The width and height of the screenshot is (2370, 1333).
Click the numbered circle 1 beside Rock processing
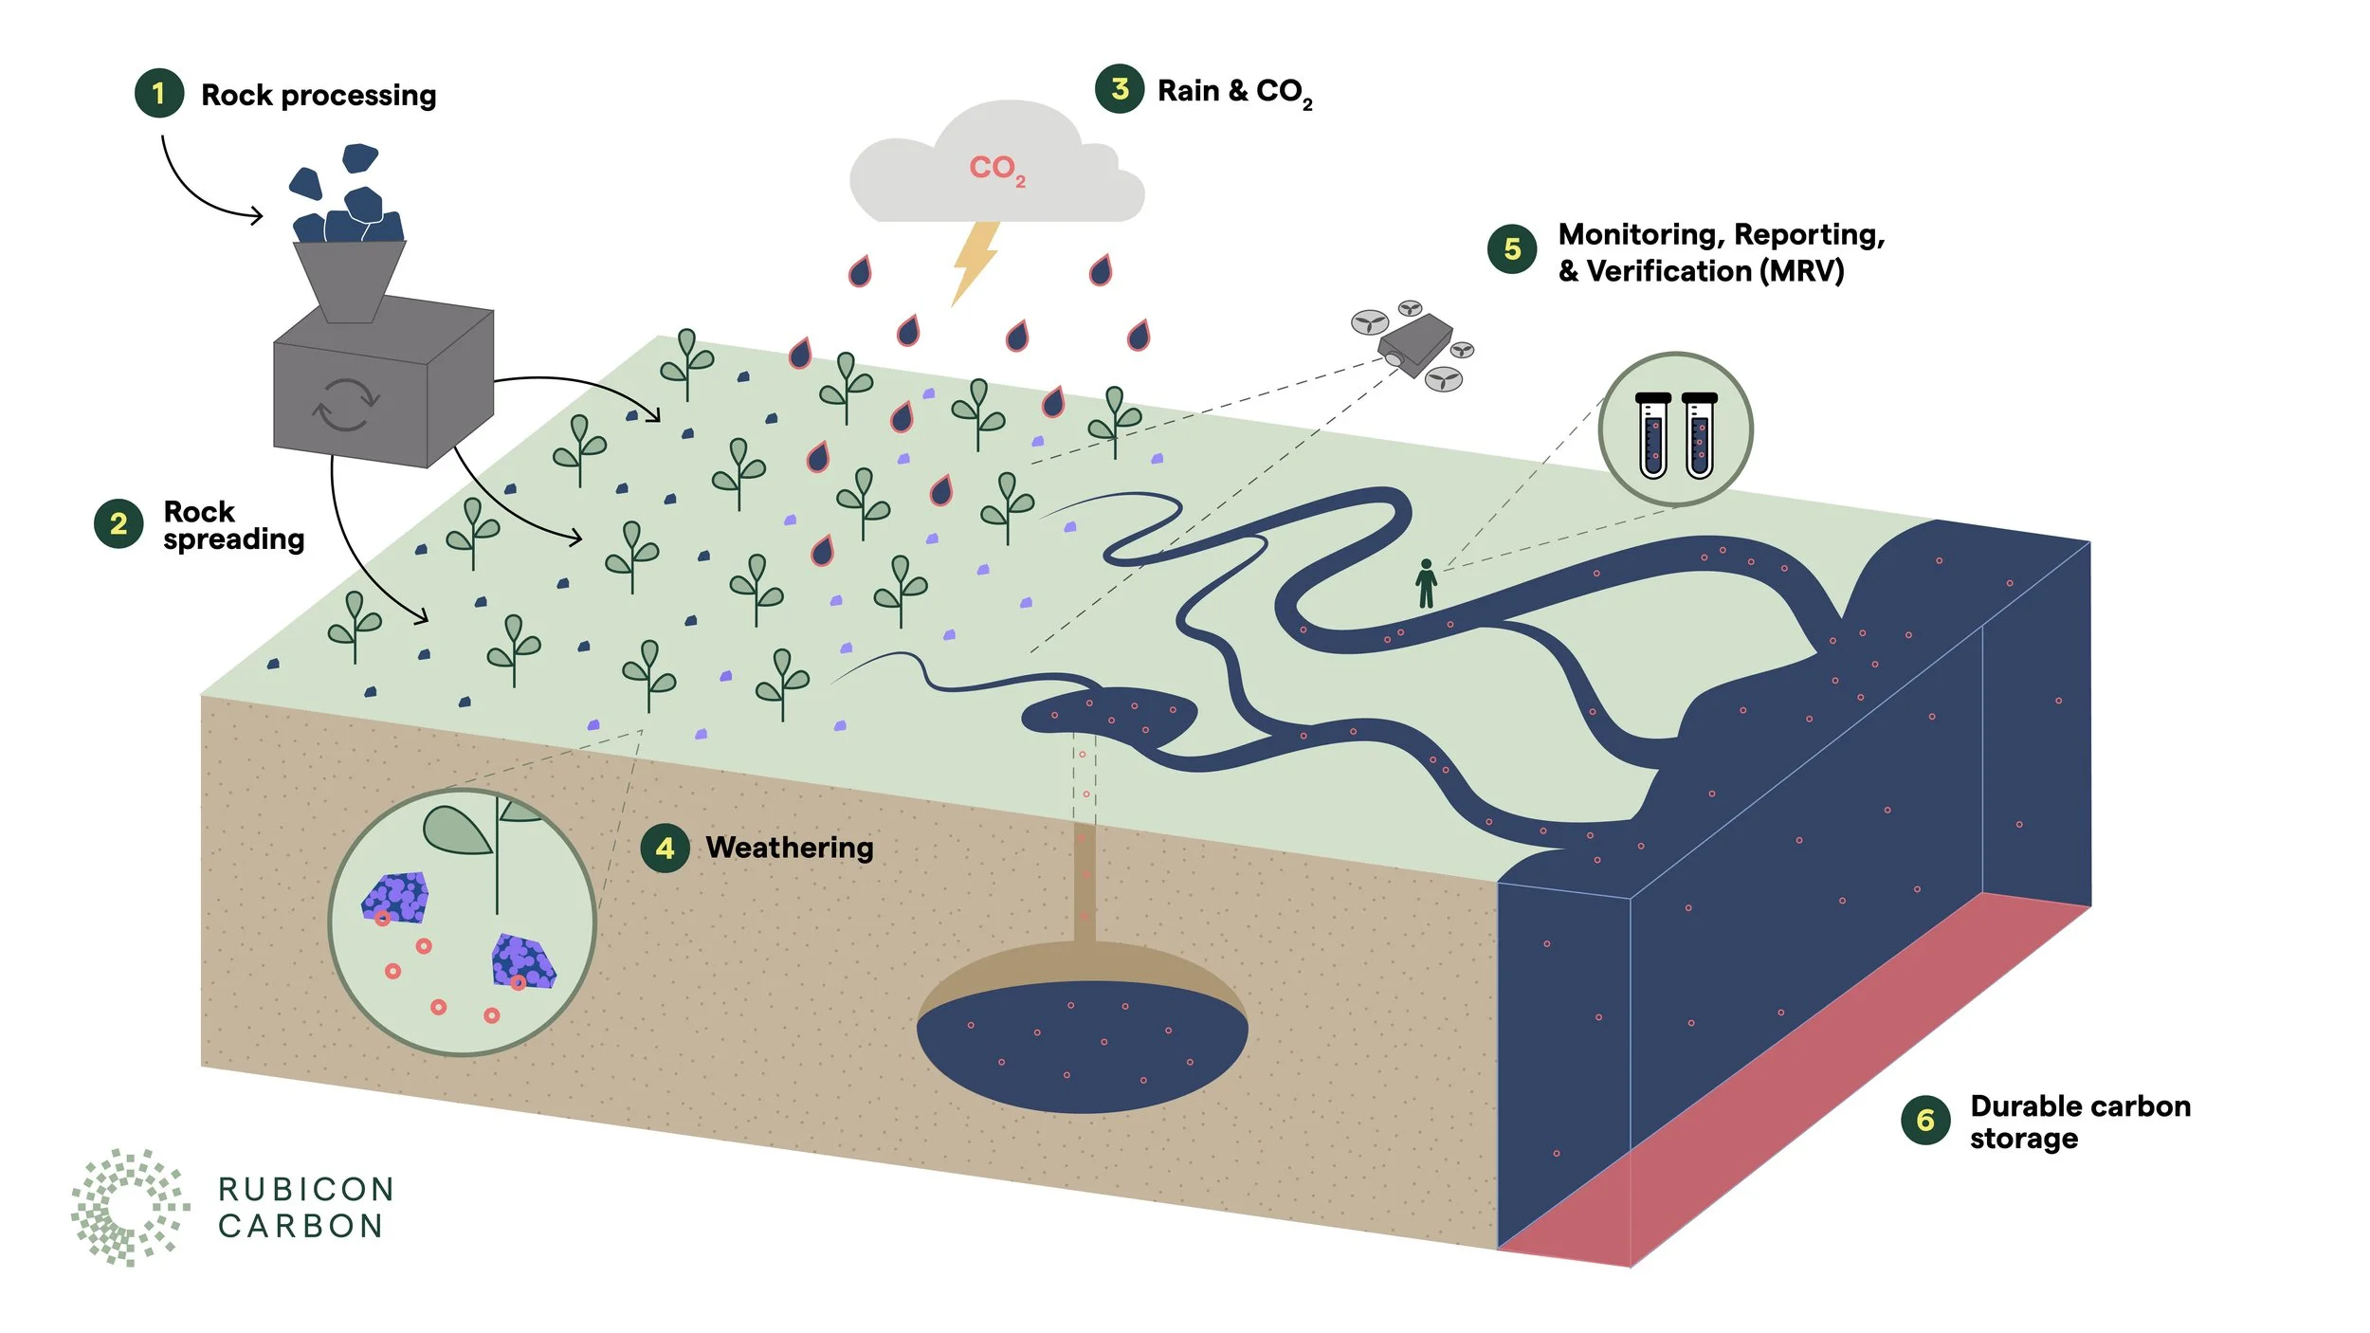(x=158, y=93)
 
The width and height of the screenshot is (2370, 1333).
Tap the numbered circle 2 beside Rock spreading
(x=118, y=523)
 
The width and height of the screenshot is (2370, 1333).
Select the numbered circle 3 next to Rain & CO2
(x=1120, y=89)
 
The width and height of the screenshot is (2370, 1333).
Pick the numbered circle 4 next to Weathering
(x=665, y=848)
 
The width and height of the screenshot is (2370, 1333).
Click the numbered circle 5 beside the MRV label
(x=1512, y=249)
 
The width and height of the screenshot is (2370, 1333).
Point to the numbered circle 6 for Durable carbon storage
(x=1925, y=1121)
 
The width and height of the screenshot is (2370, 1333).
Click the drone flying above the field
(x=1414, y=345)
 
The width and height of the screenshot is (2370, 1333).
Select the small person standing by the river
(x=1426, y=583)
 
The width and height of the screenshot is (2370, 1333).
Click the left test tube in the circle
(x=1653, y=435)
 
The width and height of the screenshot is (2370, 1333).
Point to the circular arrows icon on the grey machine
(x=346, y=405)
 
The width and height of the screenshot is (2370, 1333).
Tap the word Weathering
(x=790, y=848)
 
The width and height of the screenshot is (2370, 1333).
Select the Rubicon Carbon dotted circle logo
(x=130, y=1207)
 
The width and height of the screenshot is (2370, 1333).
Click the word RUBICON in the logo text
(x=306, y=1189)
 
